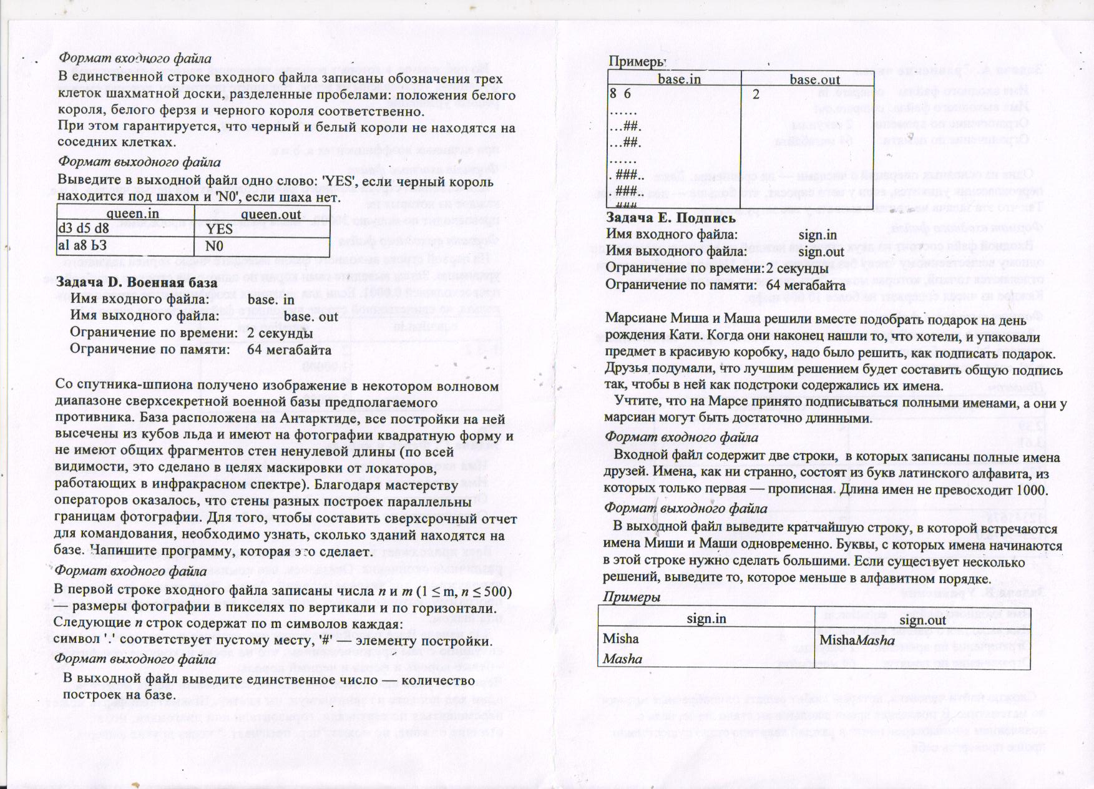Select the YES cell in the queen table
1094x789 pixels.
[x=220, y=229]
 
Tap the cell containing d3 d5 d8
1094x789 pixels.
[x=84, y=228]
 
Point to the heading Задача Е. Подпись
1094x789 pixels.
[x=671, y=218]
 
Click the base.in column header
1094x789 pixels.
[x=679, y=79]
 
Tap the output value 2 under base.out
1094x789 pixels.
[x=756, y=95]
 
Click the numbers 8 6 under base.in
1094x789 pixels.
[x=620, y=94]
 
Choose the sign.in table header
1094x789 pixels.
[x=706, y=619]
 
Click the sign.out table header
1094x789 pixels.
[x=922, y=620]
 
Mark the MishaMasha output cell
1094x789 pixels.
[x=856, y=640]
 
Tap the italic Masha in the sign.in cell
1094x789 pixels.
[x=622, y=659]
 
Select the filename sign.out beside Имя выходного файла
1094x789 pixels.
[x=821, y=252]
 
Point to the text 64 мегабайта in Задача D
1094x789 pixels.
[x=289, y=349]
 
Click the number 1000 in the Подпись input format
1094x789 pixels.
[x=1032, y=490]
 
